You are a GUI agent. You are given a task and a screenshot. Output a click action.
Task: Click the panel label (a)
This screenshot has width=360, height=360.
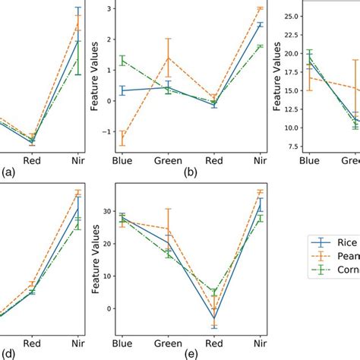click(x=8, y=172)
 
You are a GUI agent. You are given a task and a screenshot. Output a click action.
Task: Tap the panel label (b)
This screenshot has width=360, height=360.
click(x=190, y=172)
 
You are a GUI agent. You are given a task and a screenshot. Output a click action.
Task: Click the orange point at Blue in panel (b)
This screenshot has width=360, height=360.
click(x=122, y=138)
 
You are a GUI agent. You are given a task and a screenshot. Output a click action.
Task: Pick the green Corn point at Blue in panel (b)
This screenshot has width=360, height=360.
click(x=122, y=60)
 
